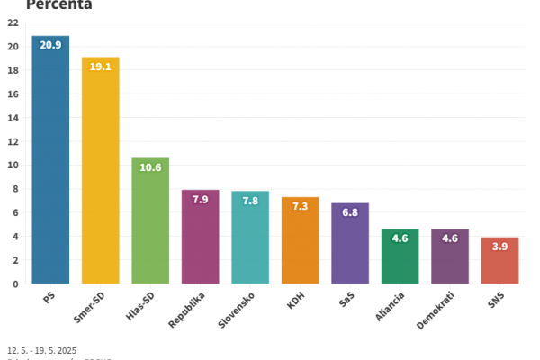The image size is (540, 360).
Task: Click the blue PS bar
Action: [50, 162]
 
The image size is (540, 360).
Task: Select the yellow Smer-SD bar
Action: [100, 171]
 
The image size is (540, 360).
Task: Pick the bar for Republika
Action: [200, 238]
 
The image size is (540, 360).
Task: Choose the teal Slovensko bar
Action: [250, 238]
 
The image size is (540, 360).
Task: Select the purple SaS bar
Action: [349, 245]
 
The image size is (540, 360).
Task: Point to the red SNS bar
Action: [499, 261]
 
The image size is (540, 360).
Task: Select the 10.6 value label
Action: [150, 167]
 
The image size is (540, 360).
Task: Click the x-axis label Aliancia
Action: [389, 305]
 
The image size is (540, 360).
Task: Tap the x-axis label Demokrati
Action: [436, 308]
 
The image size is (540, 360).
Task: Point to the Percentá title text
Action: [58, 4]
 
